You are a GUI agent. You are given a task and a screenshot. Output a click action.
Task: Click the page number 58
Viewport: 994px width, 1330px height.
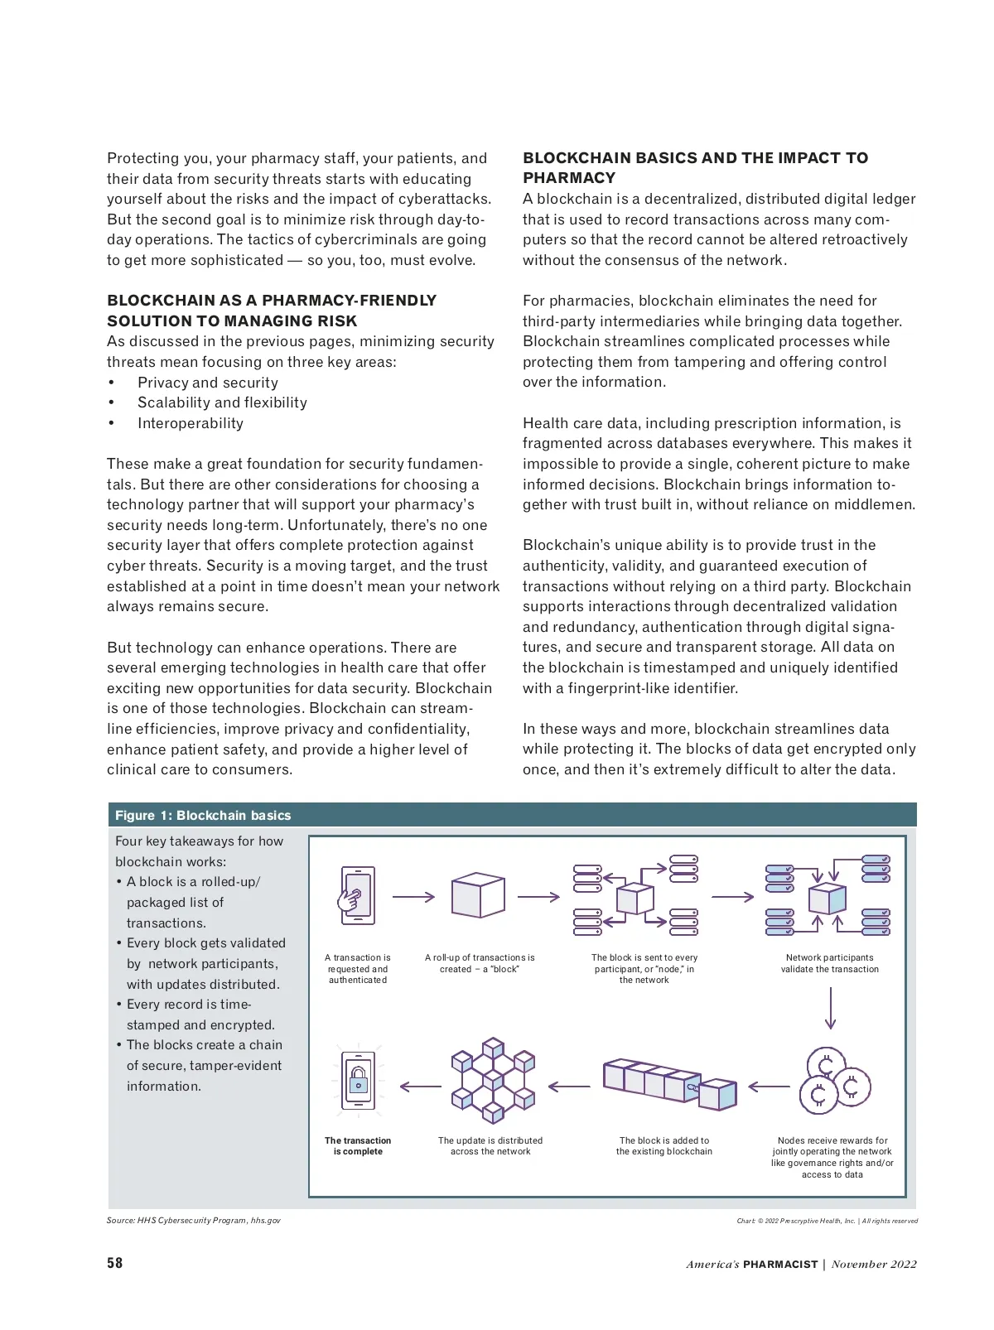pyautogui.click(x=114, y=1263)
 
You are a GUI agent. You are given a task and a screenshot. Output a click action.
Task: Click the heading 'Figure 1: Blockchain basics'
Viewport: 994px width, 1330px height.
pyautogui.click(x=203, y=815)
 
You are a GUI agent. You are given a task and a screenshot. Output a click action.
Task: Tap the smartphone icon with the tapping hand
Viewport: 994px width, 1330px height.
pyautogui.click(x=357, y=895)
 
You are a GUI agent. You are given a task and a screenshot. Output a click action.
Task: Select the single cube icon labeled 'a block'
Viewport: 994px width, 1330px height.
pyautogui.click(x=478, y=895)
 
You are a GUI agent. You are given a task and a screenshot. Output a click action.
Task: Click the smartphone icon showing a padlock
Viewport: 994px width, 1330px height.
pyautogui.click(x=358, y=1081)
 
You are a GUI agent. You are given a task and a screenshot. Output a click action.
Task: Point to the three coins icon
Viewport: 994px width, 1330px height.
pyautogui.click(x=834, y=1082)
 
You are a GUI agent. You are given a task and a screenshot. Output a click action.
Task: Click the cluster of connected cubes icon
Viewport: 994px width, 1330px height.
pyautogui.click(x=493, y=1080)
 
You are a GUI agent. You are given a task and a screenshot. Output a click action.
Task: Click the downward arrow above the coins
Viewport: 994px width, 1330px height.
pyautogui.click(x=830, y=1007)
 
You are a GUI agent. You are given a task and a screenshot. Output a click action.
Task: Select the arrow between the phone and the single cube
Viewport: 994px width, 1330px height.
pyautogui.click(x=413, y=897)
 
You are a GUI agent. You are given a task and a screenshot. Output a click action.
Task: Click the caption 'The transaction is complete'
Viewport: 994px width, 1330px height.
pyautogui.click(x=358, y=1146)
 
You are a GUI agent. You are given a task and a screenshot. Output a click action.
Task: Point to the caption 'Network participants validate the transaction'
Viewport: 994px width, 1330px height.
pyautogui.click(x=829, y=963)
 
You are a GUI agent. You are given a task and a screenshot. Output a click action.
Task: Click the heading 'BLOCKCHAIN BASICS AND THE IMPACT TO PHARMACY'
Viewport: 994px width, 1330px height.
pyautogui.click(x=695, y=167)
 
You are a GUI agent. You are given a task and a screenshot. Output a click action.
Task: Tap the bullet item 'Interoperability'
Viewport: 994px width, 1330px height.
pyautogui.click(x=191, y=423)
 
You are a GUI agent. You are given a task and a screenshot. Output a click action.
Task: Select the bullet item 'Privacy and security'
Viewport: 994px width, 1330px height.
pyautogui.click(x=208, y=383)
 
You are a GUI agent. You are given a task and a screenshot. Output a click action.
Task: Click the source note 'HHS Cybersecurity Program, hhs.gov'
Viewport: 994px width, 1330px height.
pyautogui.click(x=194, y=1220)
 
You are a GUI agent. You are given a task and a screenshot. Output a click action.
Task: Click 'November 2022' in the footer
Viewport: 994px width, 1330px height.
pyautogui.click(x=874, y=1264)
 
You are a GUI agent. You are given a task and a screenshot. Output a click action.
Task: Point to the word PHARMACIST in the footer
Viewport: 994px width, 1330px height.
pyautogui.click(x=779, y=1264)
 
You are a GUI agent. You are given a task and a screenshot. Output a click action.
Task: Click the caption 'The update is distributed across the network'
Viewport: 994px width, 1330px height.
pyautogui.click(x=490, y=1146)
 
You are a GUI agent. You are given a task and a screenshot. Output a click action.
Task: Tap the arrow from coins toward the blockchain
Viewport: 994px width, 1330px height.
pyautogui.click(x=769, y=1087)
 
